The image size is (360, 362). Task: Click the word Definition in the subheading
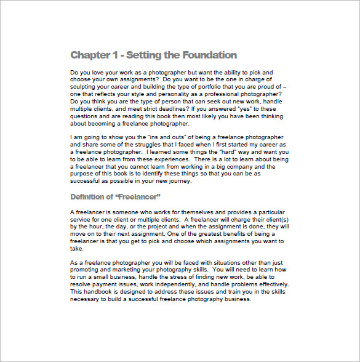(92, 196)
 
